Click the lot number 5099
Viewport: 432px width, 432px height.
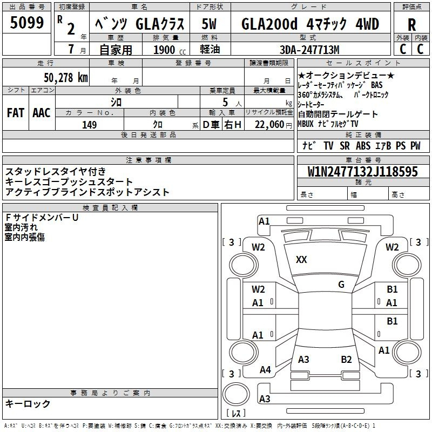coord(26,23)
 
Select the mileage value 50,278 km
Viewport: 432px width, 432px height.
coord(66,78)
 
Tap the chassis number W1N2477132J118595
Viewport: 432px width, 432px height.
coord(362,171)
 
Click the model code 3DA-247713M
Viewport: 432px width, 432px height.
coord(309,50)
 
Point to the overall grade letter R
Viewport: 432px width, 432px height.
coord(411,25)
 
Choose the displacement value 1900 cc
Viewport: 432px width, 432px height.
coord(170,50)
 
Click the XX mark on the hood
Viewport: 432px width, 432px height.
coord(301,260)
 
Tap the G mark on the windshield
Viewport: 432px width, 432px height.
coord(341,284)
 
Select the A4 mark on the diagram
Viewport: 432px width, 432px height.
coord(265,370)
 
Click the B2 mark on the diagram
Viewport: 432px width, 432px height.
coord(346,360)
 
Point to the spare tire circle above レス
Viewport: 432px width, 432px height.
coord(236,394)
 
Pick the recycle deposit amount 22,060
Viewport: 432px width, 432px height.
coord(269,125)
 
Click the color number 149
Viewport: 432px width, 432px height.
coord(89,125)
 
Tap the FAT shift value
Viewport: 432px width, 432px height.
coord(16,113)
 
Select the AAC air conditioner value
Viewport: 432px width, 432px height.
coord(42,113)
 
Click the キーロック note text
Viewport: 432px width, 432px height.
coord(28,403)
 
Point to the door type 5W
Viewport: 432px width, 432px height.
coord(209,24)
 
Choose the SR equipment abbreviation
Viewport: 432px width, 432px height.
coord(345,145)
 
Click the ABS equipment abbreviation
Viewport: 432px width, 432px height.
coord(363,145)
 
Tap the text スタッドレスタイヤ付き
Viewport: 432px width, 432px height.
coord(56,171)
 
